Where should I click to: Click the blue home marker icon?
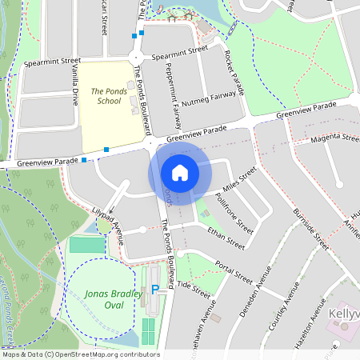180,172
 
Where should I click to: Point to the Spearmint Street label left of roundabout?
53,61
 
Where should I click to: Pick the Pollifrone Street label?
234,212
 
